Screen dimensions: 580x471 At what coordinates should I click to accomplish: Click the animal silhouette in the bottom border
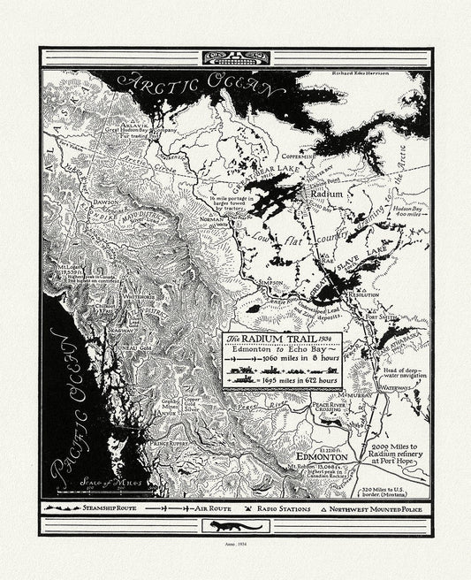235,527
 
